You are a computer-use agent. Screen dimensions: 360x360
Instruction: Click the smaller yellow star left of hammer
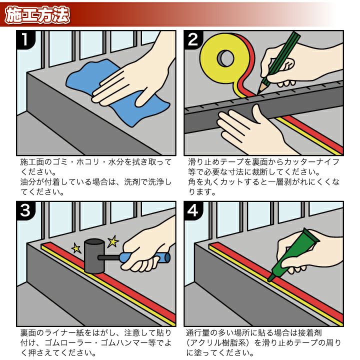click(76, 247)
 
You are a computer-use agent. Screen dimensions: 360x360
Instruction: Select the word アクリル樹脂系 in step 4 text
click(220, 343)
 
